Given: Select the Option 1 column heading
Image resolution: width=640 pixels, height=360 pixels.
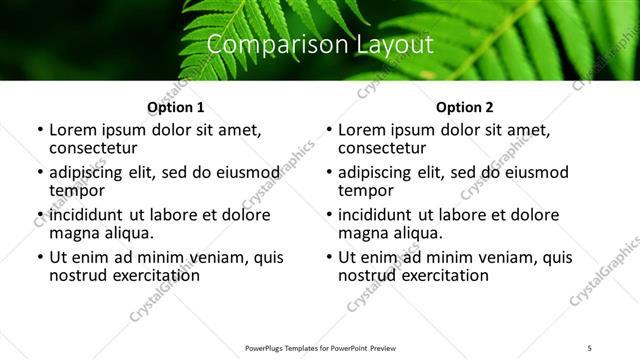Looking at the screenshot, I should (x=175, y=107).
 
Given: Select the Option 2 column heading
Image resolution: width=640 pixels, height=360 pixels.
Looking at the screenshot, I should (x=464, y=107).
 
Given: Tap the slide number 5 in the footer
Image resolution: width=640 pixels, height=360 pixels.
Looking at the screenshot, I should (x=590, y=348).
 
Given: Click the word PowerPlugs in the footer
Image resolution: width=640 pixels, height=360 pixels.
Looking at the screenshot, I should (x=268, y=348).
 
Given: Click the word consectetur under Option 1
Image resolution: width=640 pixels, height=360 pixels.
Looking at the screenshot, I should (x=97, y=148).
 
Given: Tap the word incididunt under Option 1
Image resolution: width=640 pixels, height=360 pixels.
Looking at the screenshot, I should (x=88, y=215).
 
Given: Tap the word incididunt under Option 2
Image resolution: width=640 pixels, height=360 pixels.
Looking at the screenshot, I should (x=377, y=215).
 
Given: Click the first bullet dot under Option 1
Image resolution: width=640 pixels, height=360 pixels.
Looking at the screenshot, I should (x=40, y=131).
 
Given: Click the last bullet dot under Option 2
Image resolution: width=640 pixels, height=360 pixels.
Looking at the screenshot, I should (x=329, y=258).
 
